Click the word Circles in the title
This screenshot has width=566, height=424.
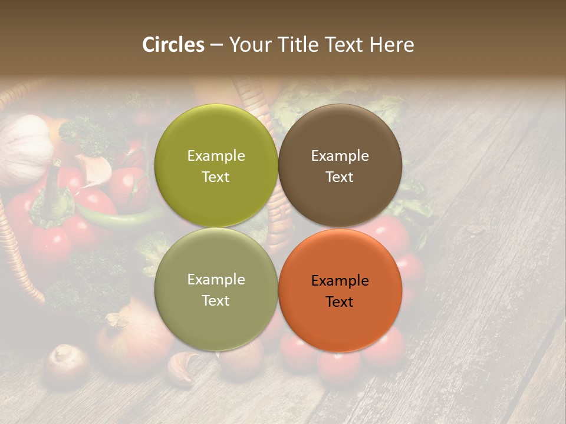click(173, 45)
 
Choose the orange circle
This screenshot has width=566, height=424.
click(340, 324)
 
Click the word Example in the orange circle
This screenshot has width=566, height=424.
click(340, 281)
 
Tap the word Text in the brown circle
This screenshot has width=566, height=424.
click(340, 177)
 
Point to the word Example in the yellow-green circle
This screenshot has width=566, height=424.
click(216, 156)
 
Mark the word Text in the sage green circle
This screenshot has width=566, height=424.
click(216, 301)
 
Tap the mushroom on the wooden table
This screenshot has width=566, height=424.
click(67, 362)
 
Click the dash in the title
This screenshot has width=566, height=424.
click(216, 45)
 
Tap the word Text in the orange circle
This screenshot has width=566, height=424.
click(340, 302)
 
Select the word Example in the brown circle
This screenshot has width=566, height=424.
click(340, 156)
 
